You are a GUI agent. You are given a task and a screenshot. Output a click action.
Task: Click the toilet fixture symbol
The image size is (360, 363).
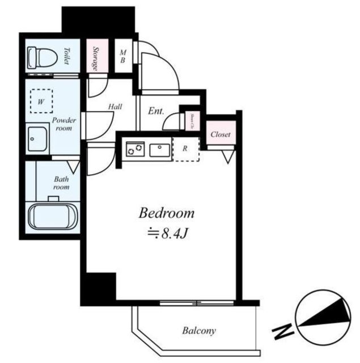(42, 56)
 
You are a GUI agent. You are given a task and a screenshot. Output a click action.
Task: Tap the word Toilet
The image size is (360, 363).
(67, 56)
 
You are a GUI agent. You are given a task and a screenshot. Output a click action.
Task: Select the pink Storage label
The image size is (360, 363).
(96, 57)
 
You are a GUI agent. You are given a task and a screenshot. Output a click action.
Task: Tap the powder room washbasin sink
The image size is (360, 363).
(39, 138)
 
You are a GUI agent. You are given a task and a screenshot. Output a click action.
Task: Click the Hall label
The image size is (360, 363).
(115, 105)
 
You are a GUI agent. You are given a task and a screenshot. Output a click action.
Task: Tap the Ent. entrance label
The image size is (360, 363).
(156, 111)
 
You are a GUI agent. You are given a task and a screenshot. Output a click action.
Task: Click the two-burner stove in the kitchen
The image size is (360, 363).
(135, 150)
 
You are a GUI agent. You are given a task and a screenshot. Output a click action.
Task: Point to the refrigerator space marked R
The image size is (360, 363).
(185, 150)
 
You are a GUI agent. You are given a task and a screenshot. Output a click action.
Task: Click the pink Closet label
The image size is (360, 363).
(219, 134)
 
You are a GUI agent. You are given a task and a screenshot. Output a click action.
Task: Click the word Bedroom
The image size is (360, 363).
(167, 214)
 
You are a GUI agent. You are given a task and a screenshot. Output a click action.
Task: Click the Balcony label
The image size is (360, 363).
(198, 330)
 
